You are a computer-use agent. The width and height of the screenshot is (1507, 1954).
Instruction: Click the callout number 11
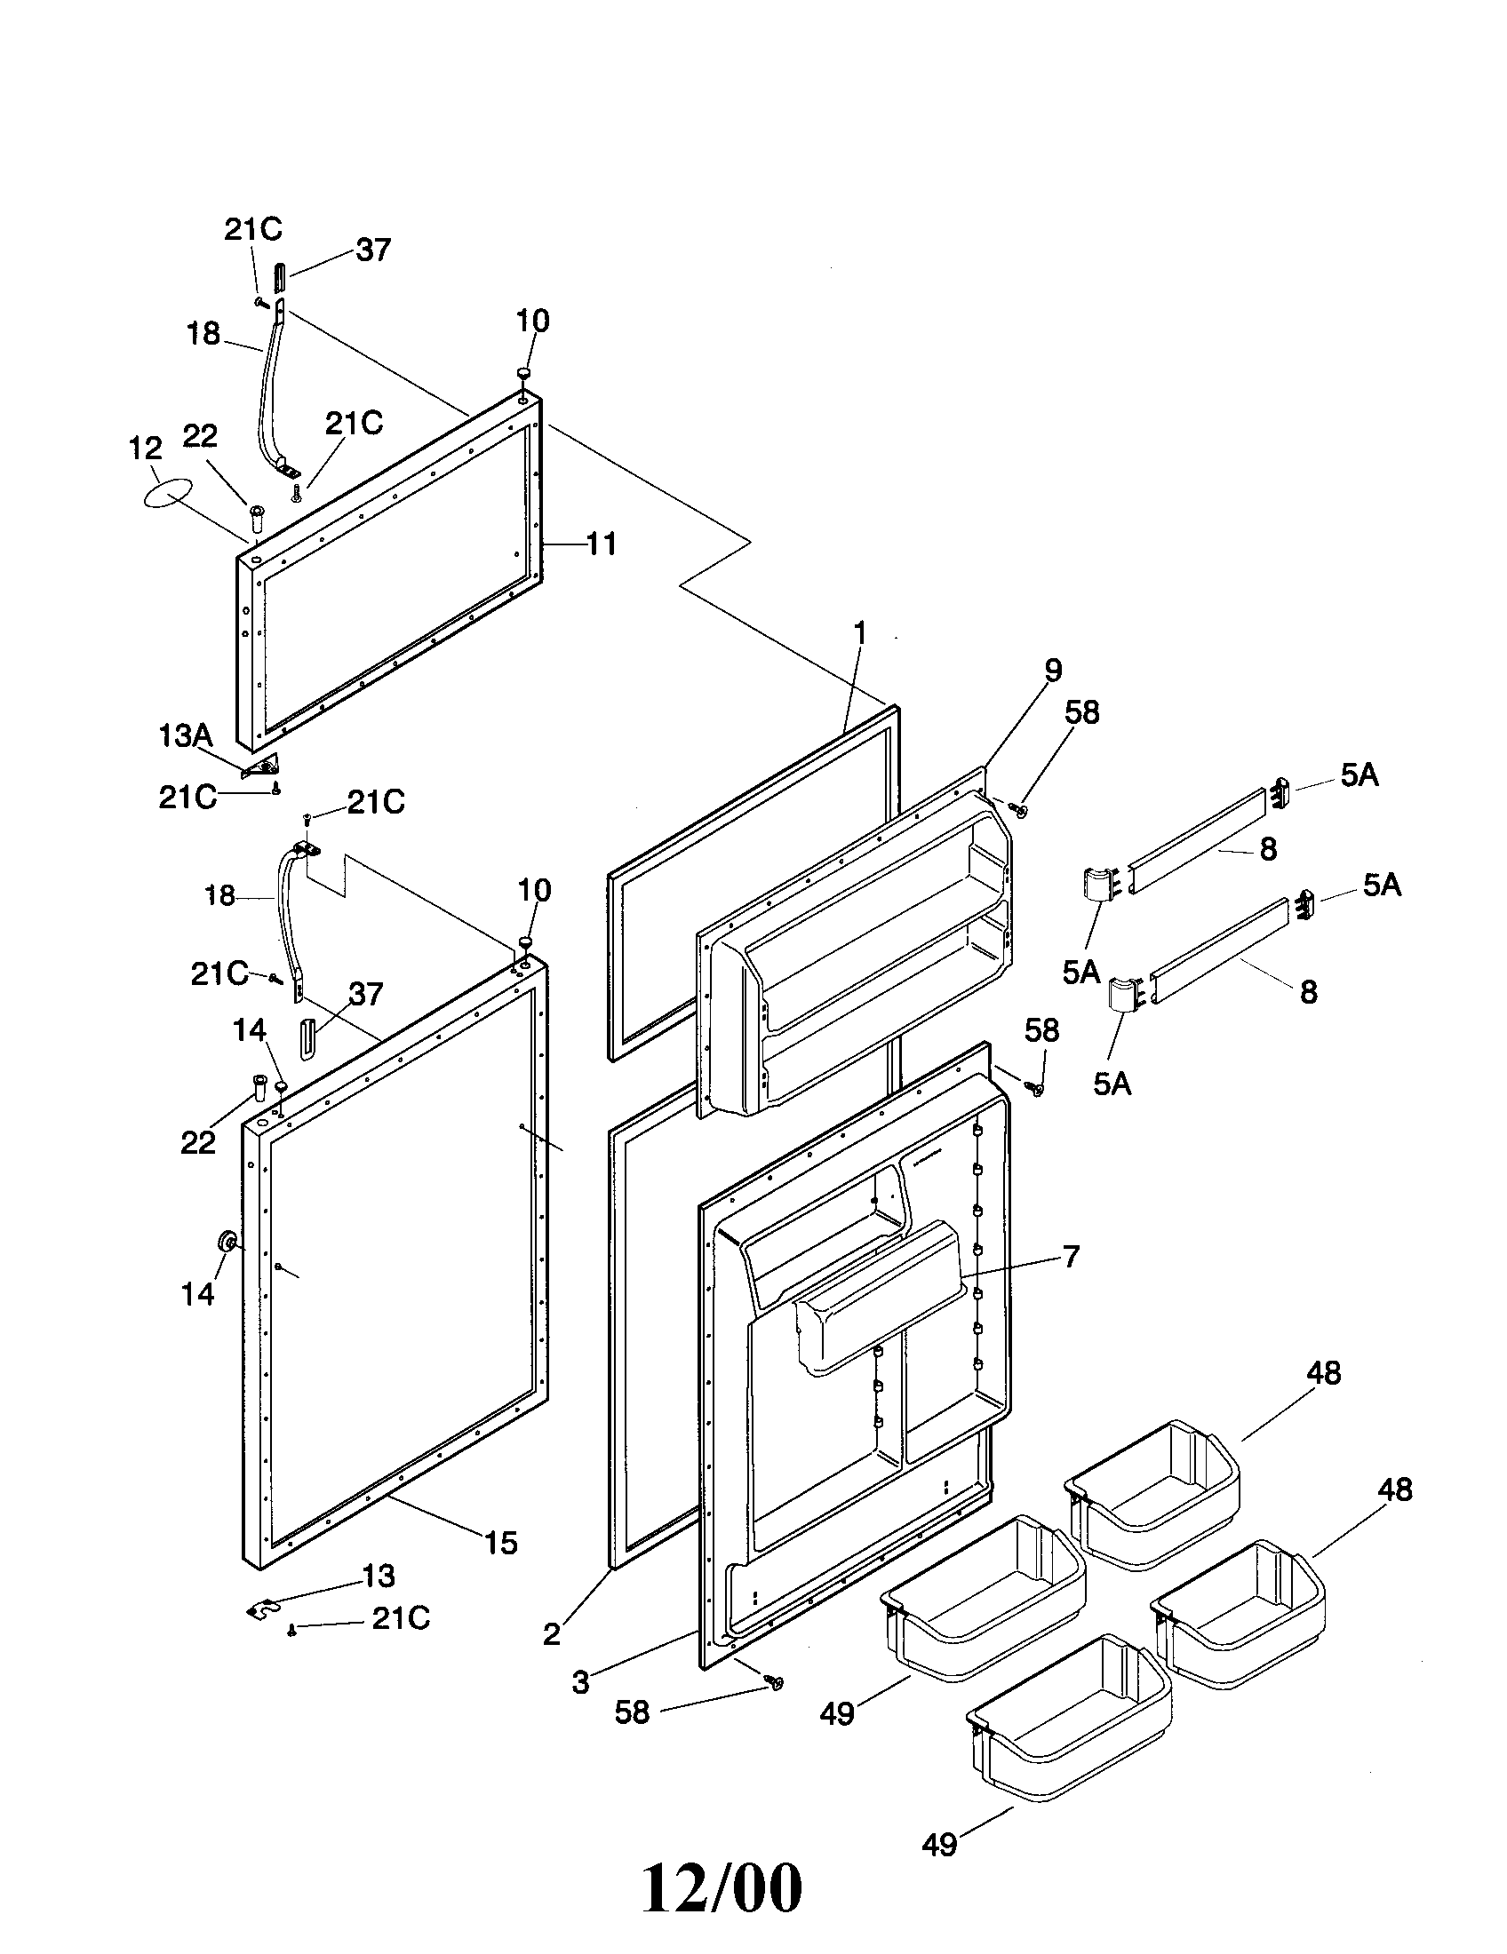coord(602,544)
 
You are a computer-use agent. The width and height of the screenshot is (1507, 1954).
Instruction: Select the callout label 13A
coord(185,735)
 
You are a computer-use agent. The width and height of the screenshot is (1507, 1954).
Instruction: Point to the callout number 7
coord(1072,1256)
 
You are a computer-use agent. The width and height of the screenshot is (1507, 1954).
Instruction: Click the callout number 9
coord(1052,670)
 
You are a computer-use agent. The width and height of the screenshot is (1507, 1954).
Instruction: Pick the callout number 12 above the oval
coord(146,449)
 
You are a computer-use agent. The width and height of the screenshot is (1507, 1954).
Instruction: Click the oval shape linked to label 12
coord(168,494)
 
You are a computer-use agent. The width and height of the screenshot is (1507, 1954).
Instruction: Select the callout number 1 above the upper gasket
coord(860,633)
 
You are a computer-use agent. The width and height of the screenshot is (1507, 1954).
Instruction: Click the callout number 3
coord(581,1682)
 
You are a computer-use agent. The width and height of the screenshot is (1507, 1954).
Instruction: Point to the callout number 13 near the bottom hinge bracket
coord(379,1575)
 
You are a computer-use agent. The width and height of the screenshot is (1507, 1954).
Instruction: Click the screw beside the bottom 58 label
coord(775,1684)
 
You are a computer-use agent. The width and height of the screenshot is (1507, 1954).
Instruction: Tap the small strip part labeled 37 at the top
coord(279,278)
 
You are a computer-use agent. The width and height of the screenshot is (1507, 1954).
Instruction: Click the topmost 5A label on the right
coord(1359,775)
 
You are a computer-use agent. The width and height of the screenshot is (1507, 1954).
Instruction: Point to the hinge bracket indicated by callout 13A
coord(263,766)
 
